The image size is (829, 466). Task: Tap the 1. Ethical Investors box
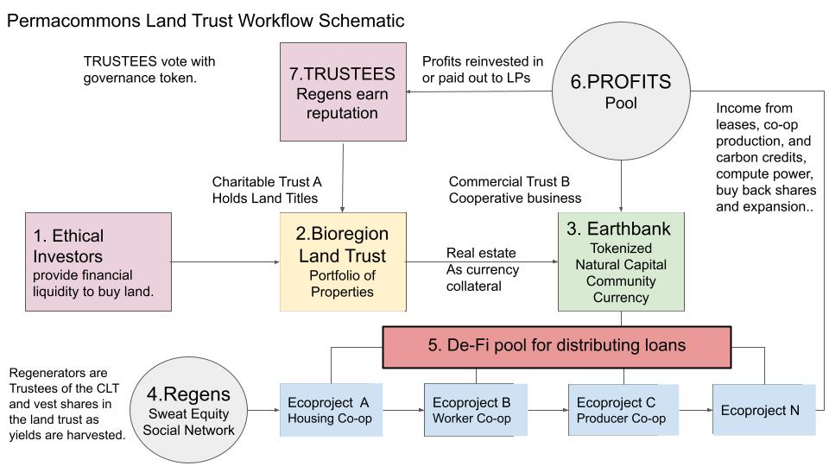coord(98,261)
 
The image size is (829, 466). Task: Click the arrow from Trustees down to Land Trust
coord(344,178)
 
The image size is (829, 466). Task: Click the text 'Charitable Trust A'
coord(267,182)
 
